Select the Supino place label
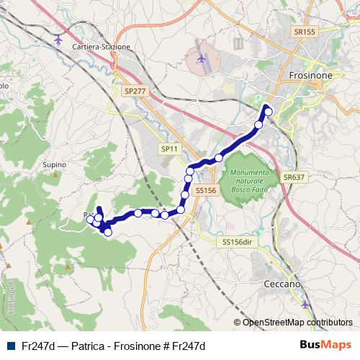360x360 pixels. (55, 165)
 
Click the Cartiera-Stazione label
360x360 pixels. (102, 47)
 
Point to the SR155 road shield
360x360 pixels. (305, 32)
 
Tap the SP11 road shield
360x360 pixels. (169, 148)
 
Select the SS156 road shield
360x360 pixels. (206, 190)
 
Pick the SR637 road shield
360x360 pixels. (295, 176)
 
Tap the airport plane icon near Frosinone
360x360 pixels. (202, 58)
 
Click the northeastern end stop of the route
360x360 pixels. (268, 111)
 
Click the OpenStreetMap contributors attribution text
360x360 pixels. (297, 323)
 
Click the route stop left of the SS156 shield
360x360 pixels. (185, 194)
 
